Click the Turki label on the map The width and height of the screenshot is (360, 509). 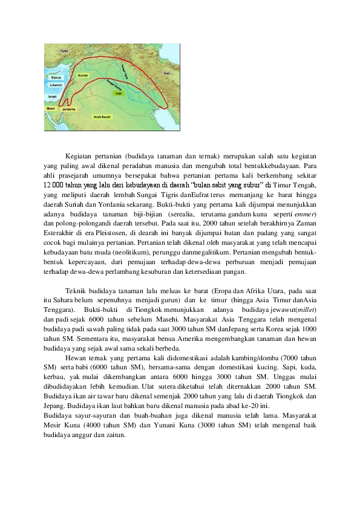(64, 51)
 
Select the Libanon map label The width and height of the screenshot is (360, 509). (56, 85)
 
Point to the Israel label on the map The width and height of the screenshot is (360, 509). (53, 96)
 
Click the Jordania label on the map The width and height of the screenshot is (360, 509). (68, 109)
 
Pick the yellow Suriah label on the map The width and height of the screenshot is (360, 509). (83, 76)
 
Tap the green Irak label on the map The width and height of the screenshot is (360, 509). (119, 93)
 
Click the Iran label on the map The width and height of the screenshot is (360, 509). (166, 73)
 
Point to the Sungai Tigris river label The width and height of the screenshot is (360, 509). (125, 73)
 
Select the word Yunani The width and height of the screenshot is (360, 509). (155, 426)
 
